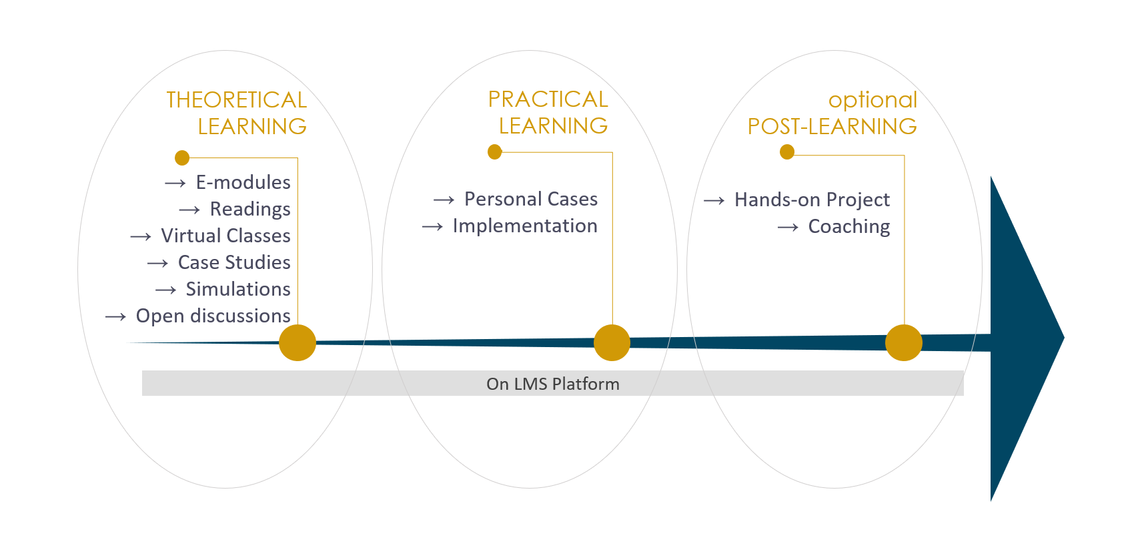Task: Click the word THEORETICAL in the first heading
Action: coord(237,100)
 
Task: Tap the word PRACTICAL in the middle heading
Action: coord(548,99)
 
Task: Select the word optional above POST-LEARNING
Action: coord(873,100)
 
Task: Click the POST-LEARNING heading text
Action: coord(832,127)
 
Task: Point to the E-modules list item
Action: coord(243,182)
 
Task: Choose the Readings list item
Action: coord(250,209)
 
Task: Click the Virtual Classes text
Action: coord(226,236)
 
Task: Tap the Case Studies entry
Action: coord(234,262)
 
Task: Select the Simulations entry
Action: coord(238,289)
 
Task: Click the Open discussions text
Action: coord(213,316)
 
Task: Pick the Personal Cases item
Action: coord(531,199)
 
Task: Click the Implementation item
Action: coord(525,226)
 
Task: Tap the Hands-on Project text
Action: coord(812,200)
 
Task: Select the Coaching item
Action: coord(849,226)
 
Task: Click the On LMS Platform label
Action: coord(552,384)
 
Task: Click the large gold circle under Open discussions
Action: coord(298,343)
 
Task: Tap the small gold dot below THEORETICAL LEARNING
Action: coord(182,158)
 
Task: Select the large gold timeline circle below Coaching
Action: coord(904,343)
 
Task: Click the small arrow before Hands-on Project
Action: coord(714,201)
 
